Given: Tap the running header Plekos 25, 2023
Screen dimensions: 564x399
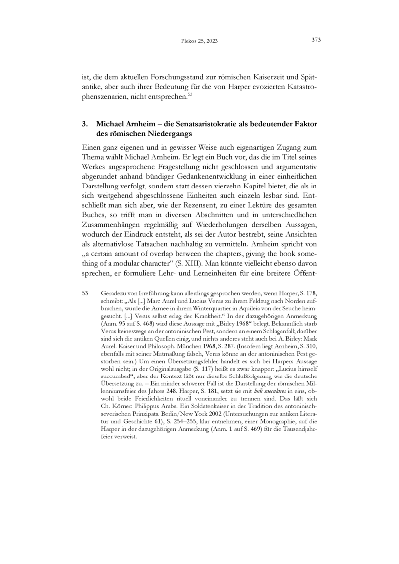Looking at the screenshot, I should click(199, 40).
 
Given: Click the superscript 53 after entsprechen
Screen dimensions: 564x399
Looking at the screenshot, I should click(190, 94).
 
